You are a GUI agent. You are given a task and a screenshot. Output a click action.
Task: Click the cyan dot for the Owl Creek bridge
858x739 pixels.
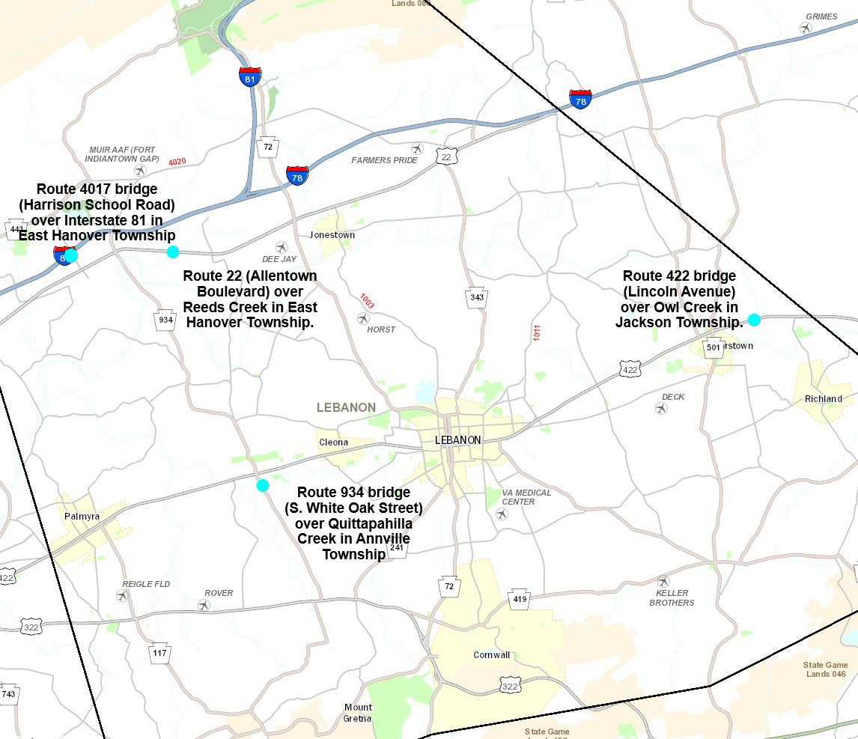pos(754,320)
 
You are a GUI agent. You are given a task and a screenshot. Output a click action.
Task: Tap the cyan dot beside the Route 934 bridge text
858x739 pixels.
pos(263,485)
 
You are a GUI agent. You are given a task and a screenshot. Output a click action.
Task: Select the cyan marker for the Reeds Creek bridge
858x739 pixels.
pos(173,252)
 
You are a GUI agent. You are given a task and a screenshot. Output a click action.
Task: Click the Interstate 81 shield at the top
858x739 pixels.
pos(250,76)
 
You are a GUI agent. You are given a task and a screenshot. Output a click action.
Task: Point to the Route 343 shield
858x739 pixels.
pos(477,296)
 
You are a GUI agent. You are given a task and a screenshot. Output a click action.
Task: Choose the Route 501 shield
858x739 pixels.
pos(714,347)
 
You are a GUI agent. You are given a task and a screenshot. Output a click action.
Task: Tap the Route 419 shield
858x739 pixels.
pos(520,599)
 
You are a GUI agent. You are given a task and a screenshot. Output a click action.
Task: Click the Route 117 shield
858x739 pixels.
pos(159,652)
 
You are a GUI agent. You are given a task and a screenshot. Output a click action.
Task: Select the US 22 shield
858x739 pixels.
pos(447,156)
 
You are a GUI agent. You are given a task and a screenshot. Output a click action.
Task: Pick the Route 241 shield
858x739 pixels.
pos(397,548)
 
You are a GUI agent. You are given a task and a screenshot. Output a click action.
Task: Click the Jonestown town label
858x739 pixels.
pos(332,234)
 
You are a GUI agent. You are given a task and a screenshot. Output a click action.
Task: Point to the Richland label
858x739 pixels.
pos(824,398)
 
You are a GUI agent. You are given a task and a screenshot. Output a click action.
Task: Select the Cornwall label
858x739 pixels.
pos(492,654)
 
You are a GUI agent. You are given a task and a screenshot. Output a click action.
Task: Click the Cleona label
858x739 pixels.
pos(334,442)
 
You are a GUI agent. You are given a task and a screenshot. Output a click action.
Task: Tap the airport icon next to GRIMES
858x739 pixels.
pos(806,28)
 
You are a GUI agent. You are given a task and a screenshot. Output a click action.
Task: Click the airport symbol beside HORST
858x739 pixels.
pos(363,319)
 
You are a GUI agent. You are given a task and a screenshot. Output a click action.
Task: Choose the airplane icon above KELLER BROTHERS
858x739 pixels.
pos(663,581)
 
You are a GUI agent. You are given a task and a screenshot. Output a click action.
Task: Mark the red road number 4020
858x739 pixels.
pos(177,162)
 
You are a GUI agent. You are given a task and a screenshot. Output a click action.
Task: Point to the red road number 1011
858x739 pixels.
pos(537,332)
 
